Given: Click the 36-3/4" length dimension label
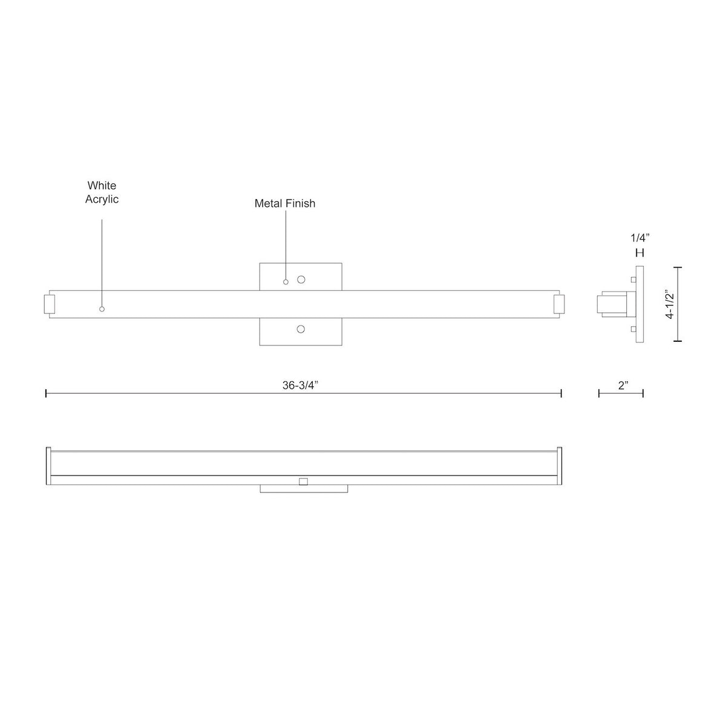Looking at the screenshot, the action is click(x=300, y=385).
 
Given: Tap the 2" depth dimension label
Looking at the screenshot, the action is click(x=623, y=385).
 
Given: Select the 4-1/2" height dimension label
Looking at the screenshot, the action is click(x=670, y=304).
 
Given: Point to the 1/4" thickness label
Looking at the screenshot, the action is click(x=640, y=238).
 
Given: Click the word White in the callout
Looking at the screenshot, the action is click(x=102, y=185).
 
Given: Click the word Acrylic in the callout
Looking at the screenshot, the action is click(x=102, y=199).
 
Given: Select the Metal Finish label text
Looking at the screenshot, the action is click(x=285, y=203).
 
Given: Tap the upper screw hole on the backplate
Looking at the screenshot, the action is click(x=301, y=280).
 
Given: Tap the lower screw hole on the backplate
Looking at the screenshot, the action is click(x=301, y=329).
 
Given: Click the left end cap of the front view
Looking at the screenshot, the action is click(x=50, y=304).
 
